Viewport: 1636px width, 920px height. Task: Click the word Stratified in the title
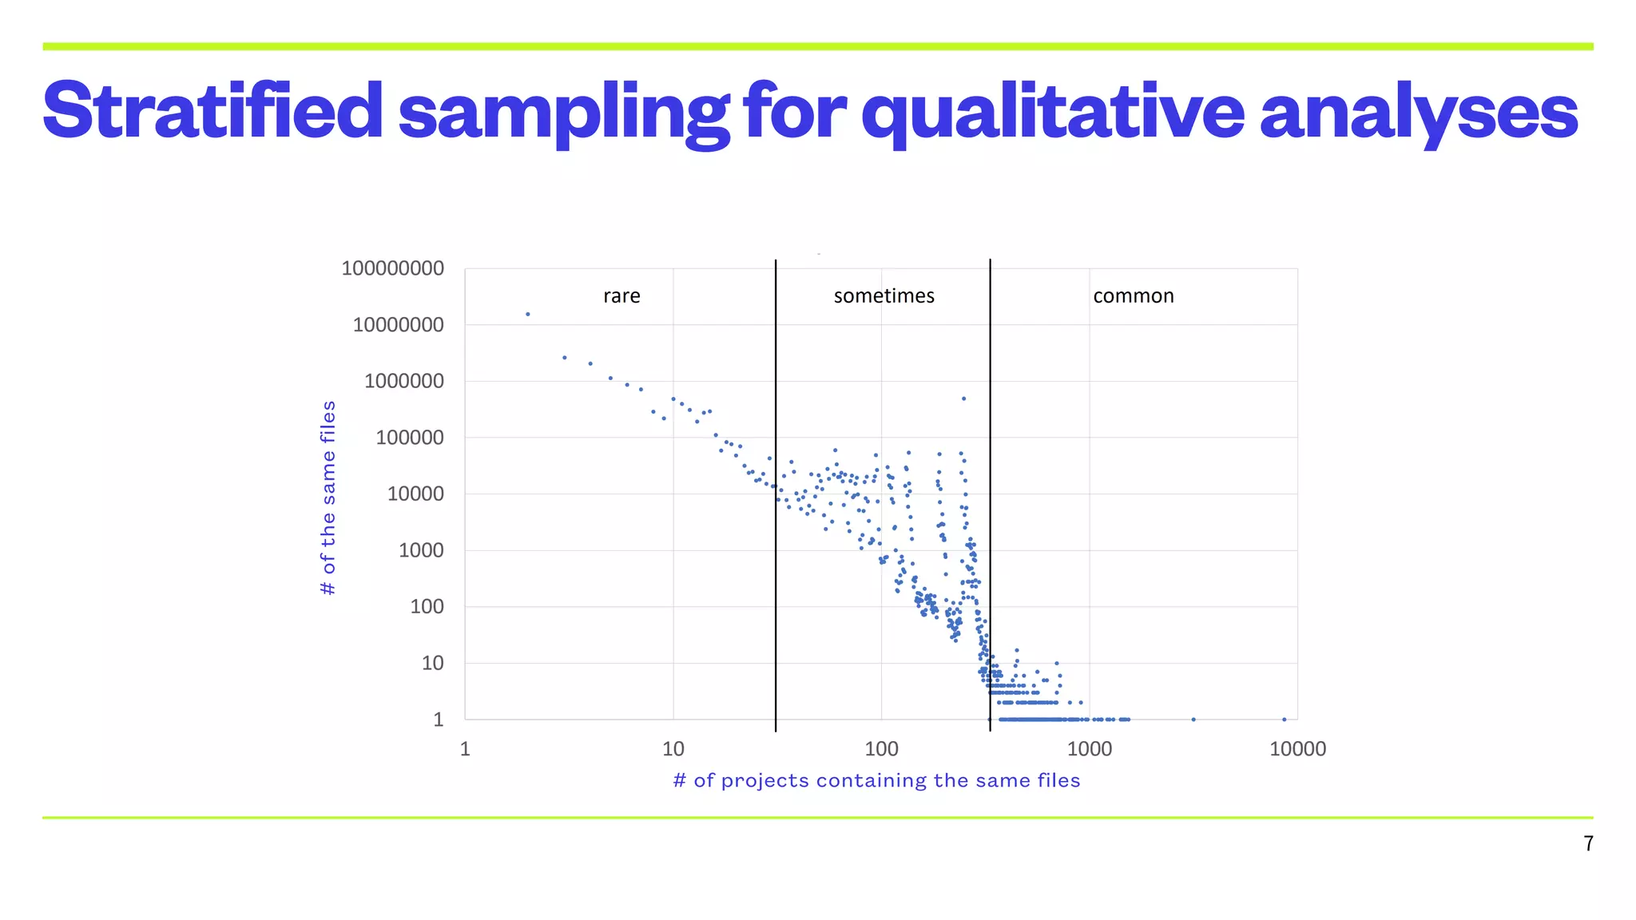[213, 112]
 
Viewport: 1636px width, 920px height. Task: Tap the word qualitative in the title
[1052, 112]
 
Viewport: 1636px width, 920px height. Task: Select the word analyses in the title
[1419, 112]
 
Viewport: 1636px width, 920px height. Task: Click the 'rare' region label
[621, 296]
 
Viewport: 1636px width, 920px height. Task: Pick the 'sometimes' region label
[884, 296]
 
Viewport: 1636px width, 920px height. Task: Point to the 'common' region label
[1133, 296]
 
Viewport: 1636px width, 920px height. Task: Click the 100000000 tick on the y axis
[392, 268]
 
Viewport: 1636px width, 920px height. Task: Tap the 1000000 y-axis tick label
[403, 381]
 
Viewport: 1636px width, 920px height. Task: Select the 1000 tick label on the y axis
[420, 550]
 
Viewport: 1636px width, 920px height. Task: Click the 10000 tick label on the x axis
[1297, 749]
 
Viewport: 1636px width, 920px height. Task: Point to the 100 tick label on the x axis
[881, 749]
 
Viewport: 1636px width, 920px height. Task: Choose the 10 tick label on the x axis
[673, 749]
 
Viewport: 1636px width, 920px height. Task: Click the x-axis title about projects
[876, 780]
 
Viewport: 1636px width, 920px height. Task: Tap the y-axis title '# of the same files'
[328, 498]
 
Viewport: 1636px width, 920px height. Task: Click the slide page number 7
[1588, 843]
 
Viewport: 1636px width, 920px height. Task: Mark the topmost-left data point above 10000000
[527, 314]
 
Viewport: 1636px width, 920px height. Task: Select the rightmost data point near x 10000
[1284, 720]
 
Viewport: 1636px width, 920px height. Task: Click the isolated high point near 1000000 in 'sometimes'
[963, 399]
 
